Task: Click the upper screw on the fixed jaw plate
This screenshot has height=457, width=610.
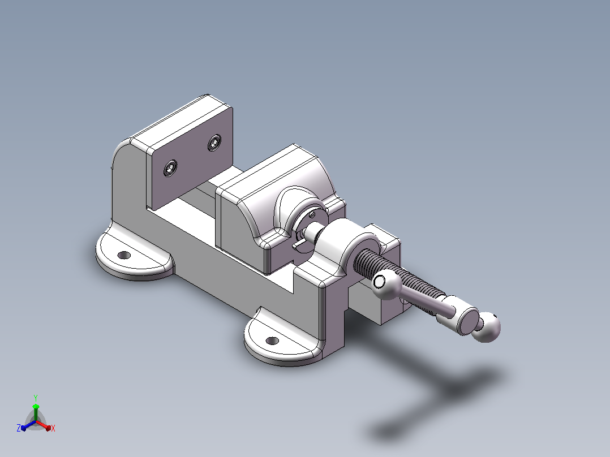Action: (x=214, y=143)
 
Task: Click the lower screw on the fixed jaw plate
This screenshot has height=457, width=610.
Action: (x=170, y=168)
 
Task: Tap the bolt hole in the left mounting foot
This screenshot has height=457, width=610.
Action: (x=124, y=255)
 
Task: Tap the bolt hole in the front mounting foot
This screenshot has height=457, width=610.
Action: (x=272, y=341)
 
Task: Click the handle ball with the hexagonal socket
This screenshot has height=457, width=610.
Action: (x=386, y=284)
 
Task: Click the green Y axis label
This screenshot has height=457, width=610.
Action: (x=36, y=398)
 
